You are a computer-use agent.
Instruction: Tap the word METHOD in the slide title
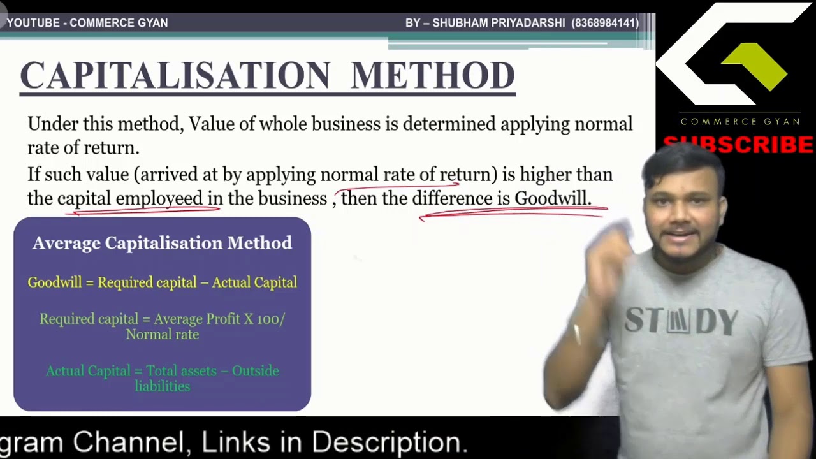(x=433, y=76)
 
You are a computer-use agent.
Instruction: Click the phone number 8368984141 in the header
(x=605, y=23)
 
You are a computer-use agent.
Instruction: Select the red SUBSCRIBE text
(x=738, y=145)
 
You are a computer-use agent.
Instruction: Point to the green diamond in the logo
(x=755, y=66)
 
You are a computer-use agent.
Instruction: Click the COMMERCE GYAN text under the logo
(x=739, y=121)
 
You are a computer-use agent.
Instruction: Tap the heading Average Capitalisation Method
(x=162, y=243)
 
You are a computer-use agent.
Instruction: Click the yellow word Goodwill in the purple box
(x=55, y=282)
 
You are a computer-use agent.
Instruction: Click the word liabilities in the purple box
(x=162, y=386)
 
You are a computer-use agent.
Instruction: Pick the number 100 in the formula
(x=267, y=319)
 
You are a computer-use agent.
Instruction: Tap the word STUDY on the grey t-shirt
(x=681, y=321)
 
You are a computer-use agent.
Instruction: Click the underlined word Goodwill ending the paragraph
(x=552, y=199)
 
